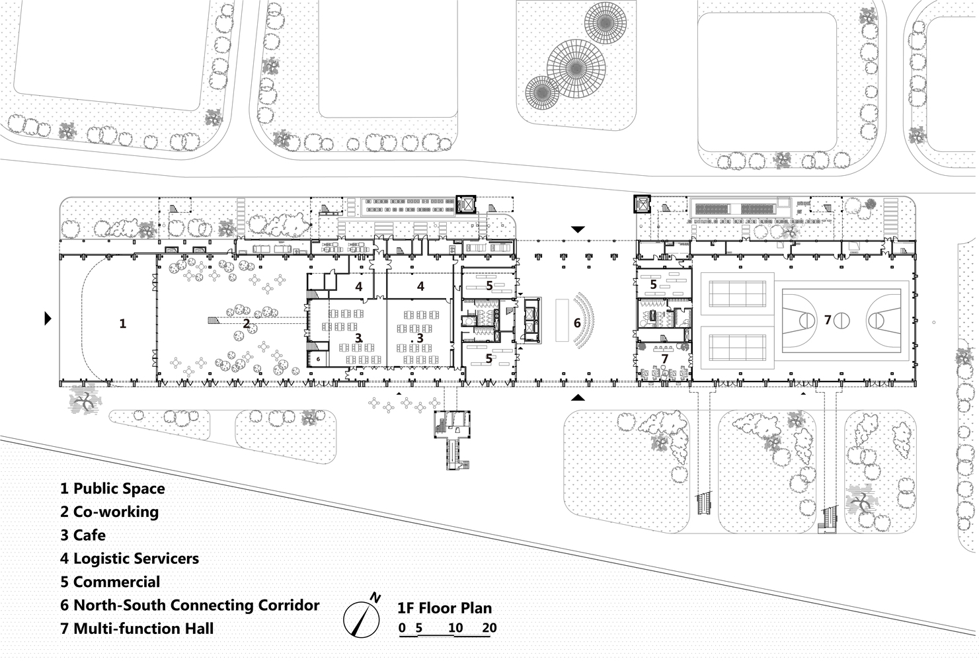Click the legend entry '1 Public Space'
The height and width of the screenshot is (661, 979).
click(x=113, y=488)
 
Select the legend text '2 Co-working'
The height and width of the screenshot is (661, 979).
click(x=109, y=512)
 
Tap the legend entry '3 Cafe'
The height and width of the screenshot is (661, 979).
click(x=83, y=535)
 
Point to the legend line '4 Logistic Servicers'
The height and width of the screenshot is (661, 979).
click(x=130, y=559)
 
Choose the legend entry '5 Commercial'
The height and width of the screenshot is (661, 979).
click(x=110, y=582)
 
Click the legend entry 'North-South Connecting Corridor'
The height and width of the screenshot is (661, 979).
click(x=196, y=605)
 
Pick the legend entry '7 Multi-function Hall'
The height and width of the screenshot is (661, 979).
click(x=137, y=628)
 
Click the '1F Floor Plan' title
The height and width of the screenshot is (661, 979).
click(x=444, y=608)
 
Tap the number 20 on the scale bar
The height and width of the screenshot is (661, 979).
click(x=489, y=628)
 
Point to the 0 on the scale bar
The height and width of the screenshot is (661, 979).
click(x=402, y=628)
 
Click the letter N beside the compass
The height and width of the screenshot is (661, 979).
click(x=375, y=598)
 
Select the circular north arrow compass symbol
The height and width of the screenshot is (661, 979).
click(x=361, y=619)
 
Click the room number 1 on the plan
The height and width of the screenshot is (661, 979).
click(x=123, y=323)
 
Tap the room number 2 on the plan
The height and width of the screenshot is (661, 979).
click(x=246, y=323)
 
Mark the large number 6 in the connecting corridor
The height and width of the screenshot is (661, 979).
click(x=577, y=323)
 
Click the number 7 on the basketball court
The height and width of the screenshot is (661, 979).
click(x=828, y=320)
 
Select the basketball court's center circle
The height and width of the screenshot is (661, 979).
click(x=842, y=321)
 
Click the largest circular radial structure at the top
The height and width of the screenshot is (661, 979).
click(x=576, y=68)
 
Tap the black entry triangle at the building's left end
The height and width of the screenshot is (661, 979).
click(x=48, y=318)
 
